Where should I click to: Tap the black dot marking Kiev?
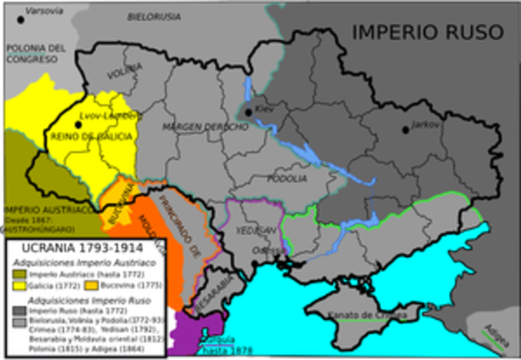(247, 112)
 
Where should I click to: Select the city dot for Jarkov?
(405, 130)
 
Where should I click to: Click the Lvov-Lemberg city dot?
(78, 124)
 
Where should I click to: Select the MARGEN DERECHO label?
(204, 128)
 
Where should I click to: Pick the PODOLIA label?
(291, 177)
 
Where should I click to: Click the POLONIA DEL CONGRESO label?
(36, 54)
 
